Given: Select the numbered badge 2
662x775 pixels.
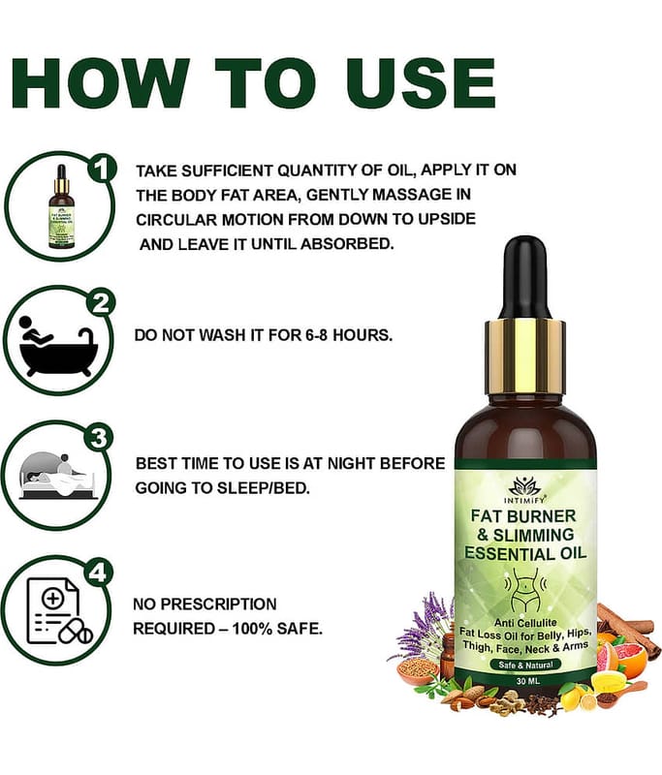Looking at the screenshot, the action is [x=101, y=304].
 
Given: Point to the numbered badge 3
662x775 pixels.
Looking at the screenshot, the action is [x=99, y=438].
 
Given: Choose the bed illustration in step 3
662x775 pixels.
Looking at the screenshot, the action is [x=57, y=476].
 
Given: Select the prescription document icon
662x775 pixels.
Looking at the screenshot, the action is [x=59, y=611].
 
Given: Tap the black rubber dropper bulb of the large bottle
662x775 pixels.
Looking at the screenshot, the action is [x=526, y=279].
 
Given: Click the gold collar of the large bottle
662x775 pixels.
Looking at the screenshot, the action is [x=525, y=356].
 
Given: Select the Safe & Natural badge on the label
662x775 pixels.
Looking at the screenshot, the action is [x=525, y=665].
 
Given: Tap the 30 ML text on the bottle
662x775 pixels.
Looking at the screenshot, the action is [x=527, y=681].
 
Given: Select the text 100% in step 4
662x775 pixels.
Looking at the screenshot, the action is [x=252, y=629].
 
